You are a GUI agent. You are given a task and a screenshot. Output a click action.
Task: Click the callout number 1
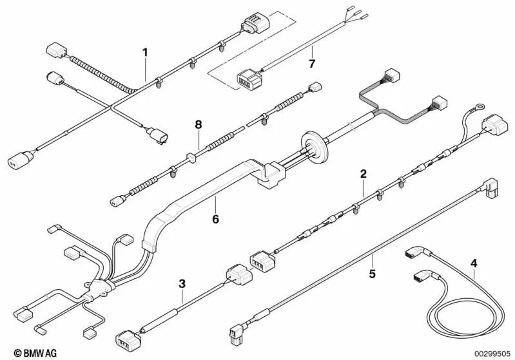point(145,53)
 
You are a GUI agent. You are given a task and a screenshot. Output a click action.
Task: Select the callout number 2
point(364,174)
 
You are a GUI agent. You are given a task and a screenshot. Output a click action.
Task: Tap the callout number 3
point(182,283)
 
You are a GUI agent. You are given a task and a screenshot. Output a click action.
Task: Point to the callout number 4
point(474,263)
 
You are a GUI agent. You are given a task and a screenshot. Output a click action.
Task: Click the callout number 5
point(372,273)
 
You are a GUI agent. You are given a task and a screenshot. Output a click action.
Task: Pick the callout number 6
point(215,219)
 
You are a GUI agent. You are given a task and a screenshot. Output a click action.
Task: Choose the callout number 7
point(312,64)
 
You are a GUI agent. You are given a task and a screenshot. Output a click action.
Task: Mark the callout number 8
point(199,125)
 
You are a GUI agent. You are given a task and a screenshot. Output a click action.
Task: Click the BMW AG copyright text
point(35,353)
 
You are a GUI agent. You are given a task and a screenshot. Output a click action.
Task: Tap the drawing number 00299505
point(492,354)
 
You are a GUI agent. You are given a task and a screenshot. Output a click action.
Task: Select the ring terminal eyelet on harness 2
point(479,106)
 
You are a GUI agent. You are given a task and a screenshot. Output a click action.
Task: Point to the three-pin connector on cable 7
point(249,79)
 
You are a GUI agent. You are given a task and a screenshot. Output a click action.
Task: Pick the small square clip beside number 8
point(191,158)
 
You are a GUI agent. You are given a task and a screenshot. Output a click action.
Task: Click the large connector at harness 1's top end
point(255,23)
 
